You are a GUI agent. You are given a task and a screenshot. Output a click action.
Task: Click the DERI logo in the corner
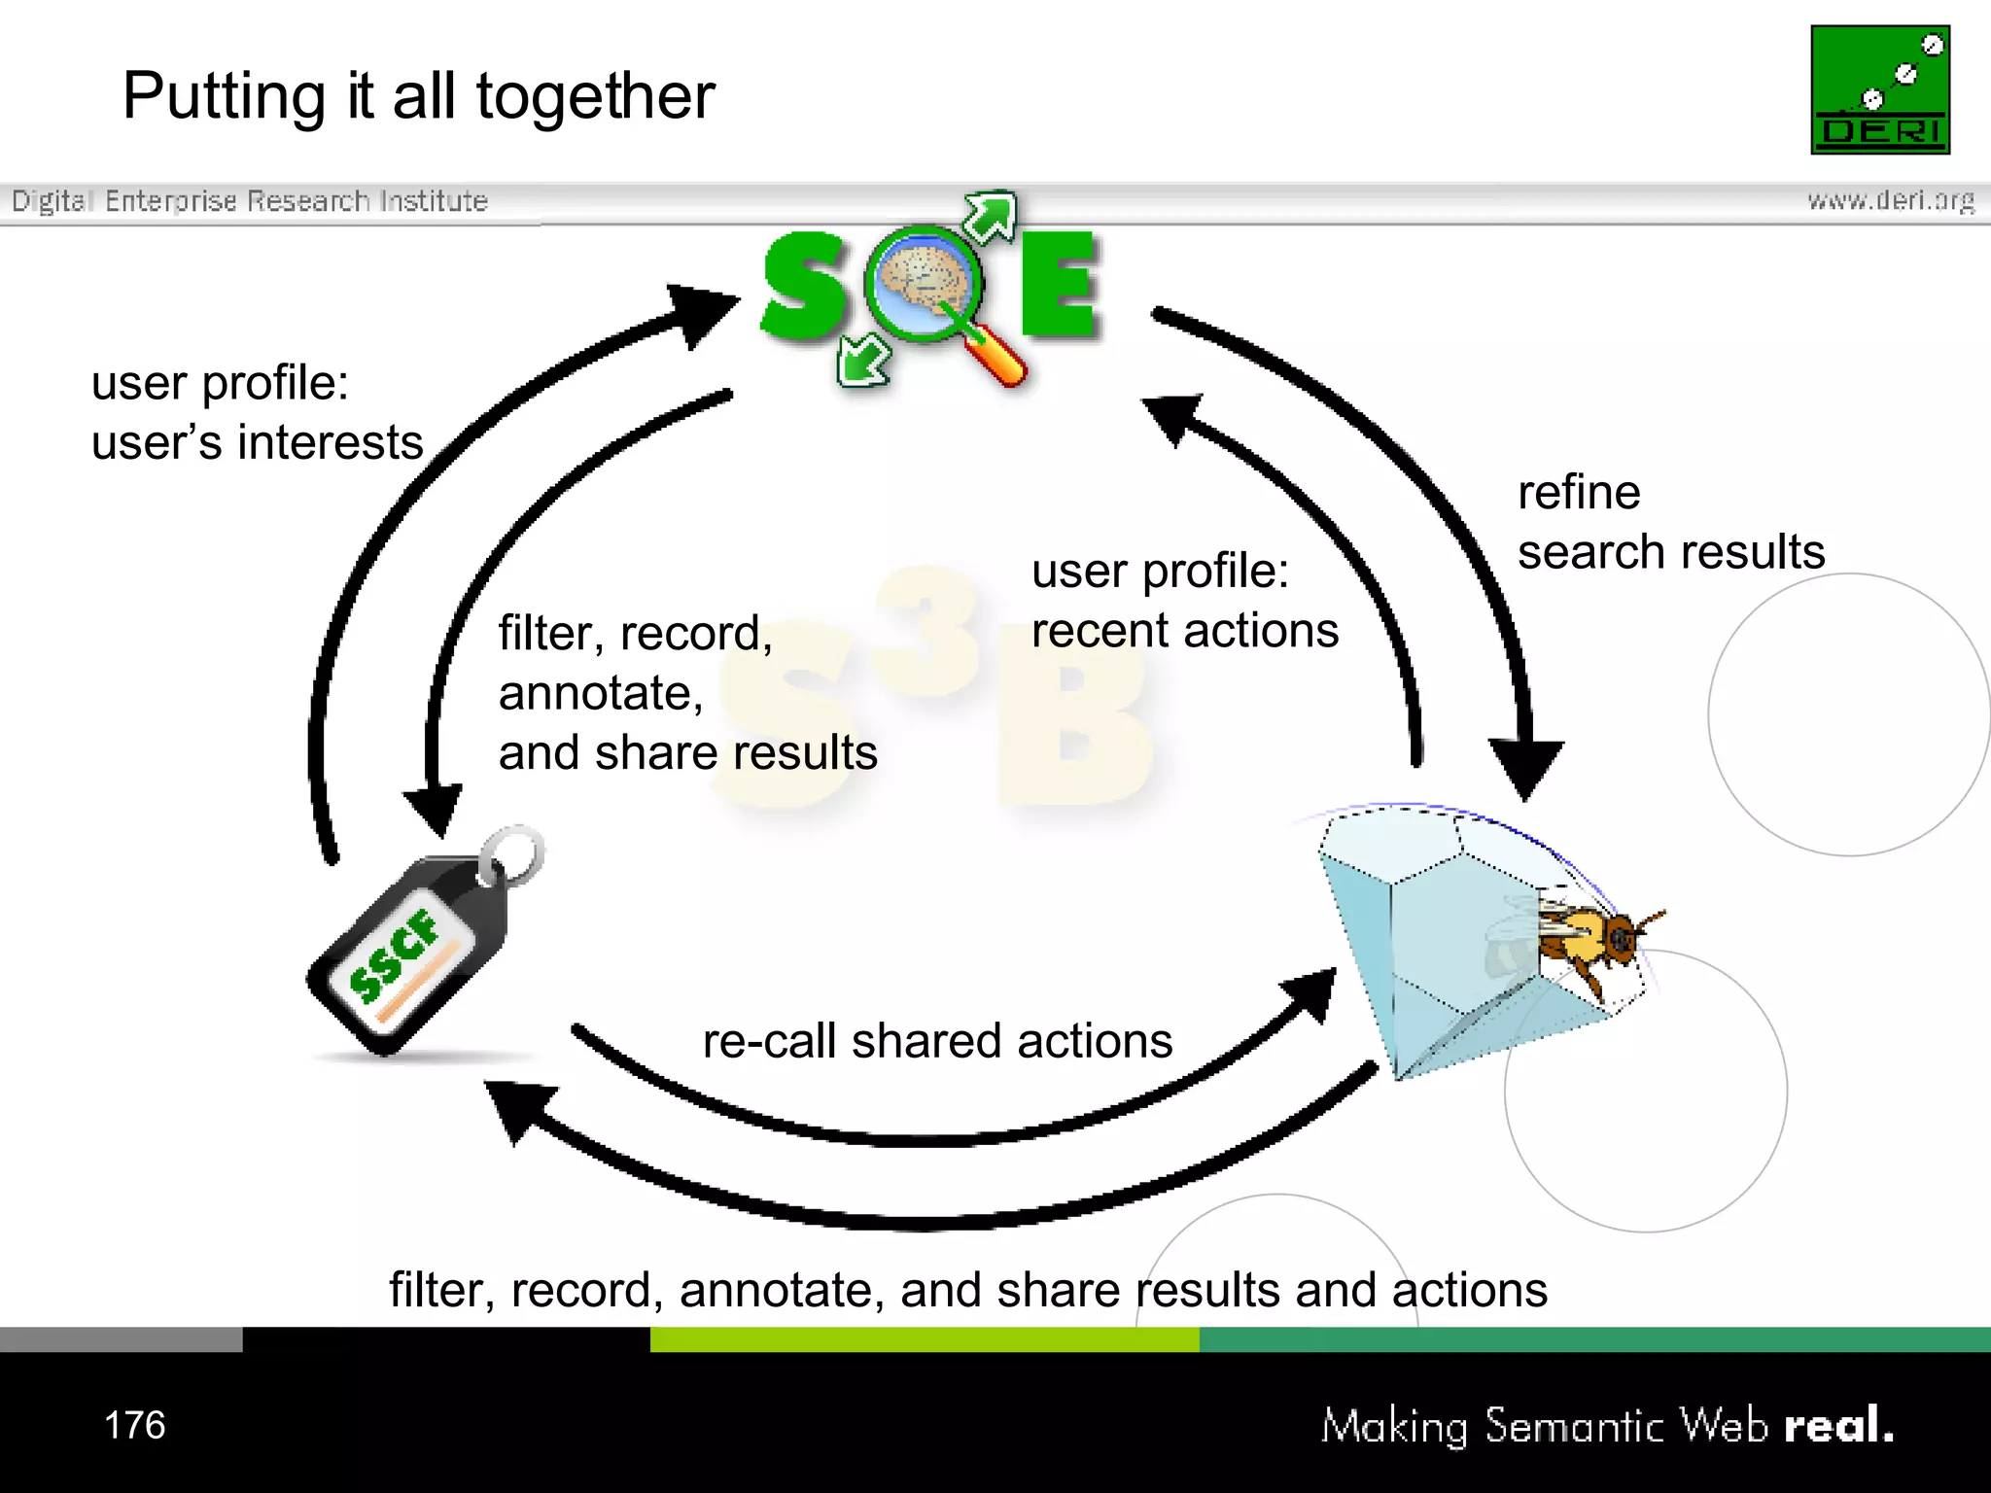coord(1879,89)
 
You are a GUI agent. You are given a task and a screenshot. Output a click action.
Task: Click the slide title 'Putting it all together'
coord(418,96)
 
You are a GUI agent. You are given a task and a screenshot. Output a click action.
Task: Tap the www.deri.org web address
coord(1890,200)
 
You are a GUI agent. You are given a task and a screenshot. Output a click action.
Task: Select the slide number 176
coord(134,1425)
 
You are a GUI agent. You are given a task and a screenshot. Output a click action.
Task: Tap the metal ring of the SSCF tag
coord(513,853)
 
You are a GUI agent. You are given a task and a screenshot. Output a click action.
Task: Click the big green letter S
coord(803,287)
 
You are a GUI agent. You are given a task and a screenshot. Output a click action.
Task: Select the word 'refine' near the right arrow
coord(1579,492)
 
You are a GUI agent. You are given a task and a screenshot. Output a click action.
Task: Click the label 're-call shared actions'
coord(937,1040)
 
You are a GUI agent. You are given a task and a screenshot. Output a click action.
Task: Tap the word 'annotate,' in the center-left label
coord(601,693)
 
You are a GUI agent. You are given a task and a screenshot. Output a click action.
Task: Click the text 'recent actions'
coord(1184,630)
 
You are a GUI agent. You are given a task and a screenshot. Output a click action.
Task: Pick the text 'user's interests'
coord(257,442)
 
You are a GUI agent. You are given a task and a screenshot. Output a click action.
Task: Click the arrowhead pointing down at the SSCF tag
coord(434,807)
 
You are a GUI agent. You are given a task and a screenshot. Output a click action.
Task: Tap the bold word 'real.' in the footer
coord(1838,1425)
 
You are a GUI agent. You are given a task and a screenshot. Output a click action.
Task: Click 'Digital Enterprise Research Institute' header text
coord(249,201)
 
